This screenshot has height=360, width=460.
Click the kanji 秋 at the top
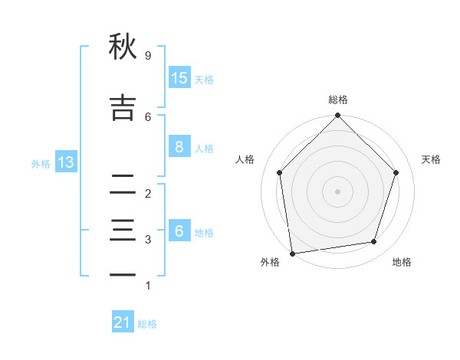[x=123, y=47]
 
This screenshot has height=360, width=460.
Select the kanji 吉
[x=123, y=107]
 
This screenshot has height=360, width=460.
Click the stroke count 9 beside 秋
[x=147, y=56]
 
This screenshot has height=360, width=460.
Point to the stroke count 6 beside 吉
[x=147, y=116]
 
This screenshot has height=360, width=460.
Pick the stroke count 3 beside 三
[x=147, y=240]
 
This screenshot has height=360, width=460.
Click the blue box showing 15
[x=179, y=77]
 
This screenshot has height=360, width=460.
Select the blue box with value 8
[x=179, y=147]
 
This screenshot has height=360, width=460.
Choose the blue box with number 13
[x=65, y=162]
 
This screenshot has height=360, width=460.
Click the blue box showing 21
[x=123, y=322]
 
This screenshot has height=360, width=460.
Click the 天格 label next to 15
[x=204, y=79]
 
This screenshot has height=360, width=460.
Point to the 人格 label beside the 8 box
[x=204, y=149]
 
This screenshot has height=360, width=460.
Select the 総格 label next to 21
[x=147, y=324]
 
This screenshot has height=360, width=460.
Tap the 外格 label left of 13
[x=41, y=163]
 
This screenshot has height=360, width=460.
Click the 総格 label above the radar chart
[x=337, y=100]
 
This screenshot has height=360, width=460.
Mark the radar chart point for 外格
[x=292, y=253]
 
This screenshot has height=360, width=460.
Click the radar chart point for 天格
[x=396, y=172]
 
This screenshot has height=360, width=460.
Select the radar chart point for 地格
[x=374, y=241]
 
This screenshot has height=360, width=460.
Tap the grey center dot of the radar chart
[x=337, y=191]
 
